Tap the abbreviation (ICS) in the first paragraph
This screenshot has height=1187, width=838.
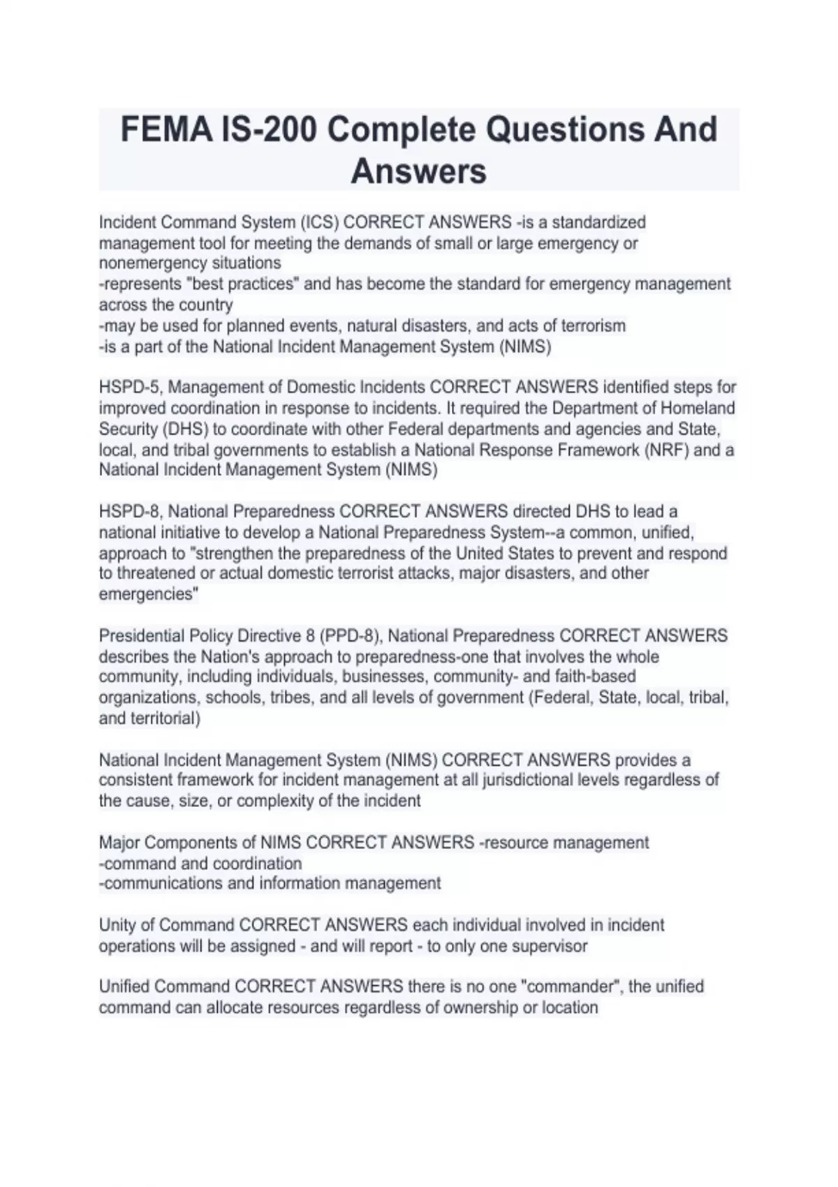[320, 223]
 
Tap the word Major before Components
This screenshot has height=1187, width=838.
[119, 843]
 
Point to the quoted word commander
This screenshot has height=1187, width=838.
[575, 987]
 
